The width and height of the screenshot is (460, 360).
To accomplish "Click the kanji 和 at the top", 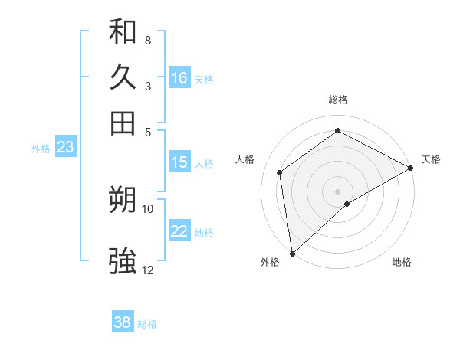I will tap(123, 32).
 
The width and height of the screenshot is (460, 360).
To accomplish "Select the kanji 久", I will tap(123, 77).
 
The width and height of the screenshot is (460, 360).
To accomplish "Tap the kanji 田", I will tap(123, 123).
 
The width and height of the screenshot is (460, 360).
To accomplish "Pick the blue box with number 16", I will tap(179, 78).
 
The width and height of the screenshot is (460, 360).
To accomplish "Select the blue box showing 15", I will tap(179, 162).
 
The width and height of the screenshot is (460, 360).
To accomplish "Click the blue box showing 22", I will tap(179, 232).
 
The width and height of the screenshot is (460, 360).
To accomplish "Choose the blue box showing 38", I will tap(123, 322).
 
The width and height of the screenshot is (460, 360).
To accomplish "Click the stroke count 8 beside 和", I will tap(148, 40).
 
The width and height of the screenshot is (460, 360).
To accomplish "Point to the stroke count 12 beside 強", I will tap(148, 270).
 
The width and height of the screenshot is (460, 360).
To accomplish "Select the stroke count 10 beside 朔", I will tap(148, 208).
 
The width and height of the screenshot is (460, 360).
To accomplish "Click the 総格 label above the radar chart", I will tap(337, 100).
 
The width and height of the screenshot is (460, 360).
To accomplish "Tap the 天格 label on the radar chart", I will tap(431, 159).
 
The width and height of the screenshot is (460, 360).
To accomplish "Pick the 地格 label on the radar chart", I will tap(402, 262).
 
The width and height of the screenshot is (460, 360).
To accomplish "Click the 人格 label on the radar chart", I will tap(245, 159).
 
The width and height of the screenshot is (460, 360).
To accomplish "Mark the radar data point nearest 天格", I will tap(411, 169).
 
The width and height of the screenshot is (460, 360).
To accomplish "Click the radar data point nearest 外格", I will tap(292, 253).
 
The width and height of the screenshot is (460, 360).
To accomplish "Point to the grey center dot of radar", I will tap(337, 190).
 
